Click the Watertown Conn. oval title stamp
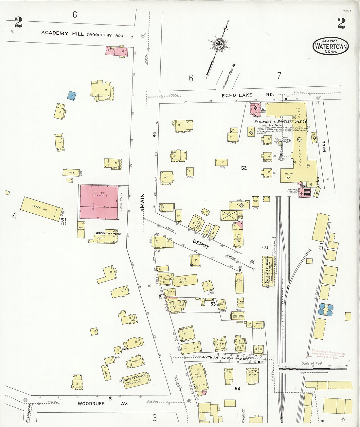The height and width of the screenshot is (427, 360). tap(331, 46)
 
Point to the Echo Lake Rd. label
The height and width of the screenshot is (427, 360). tap(248, 95)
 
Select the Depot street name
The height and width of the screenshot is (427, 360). tap(201, 244)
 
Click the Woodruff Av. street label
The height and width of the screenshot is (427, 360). tap(102, 403)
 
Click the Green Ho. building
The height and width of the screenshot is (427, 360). tap(41, 208)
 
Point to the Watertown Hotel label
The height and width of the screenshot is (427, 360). tap(108, 233)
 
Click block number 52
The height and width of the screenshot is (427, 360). tap(244, 168)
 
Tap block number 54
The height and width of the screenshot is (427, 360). tap(238, 388)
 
